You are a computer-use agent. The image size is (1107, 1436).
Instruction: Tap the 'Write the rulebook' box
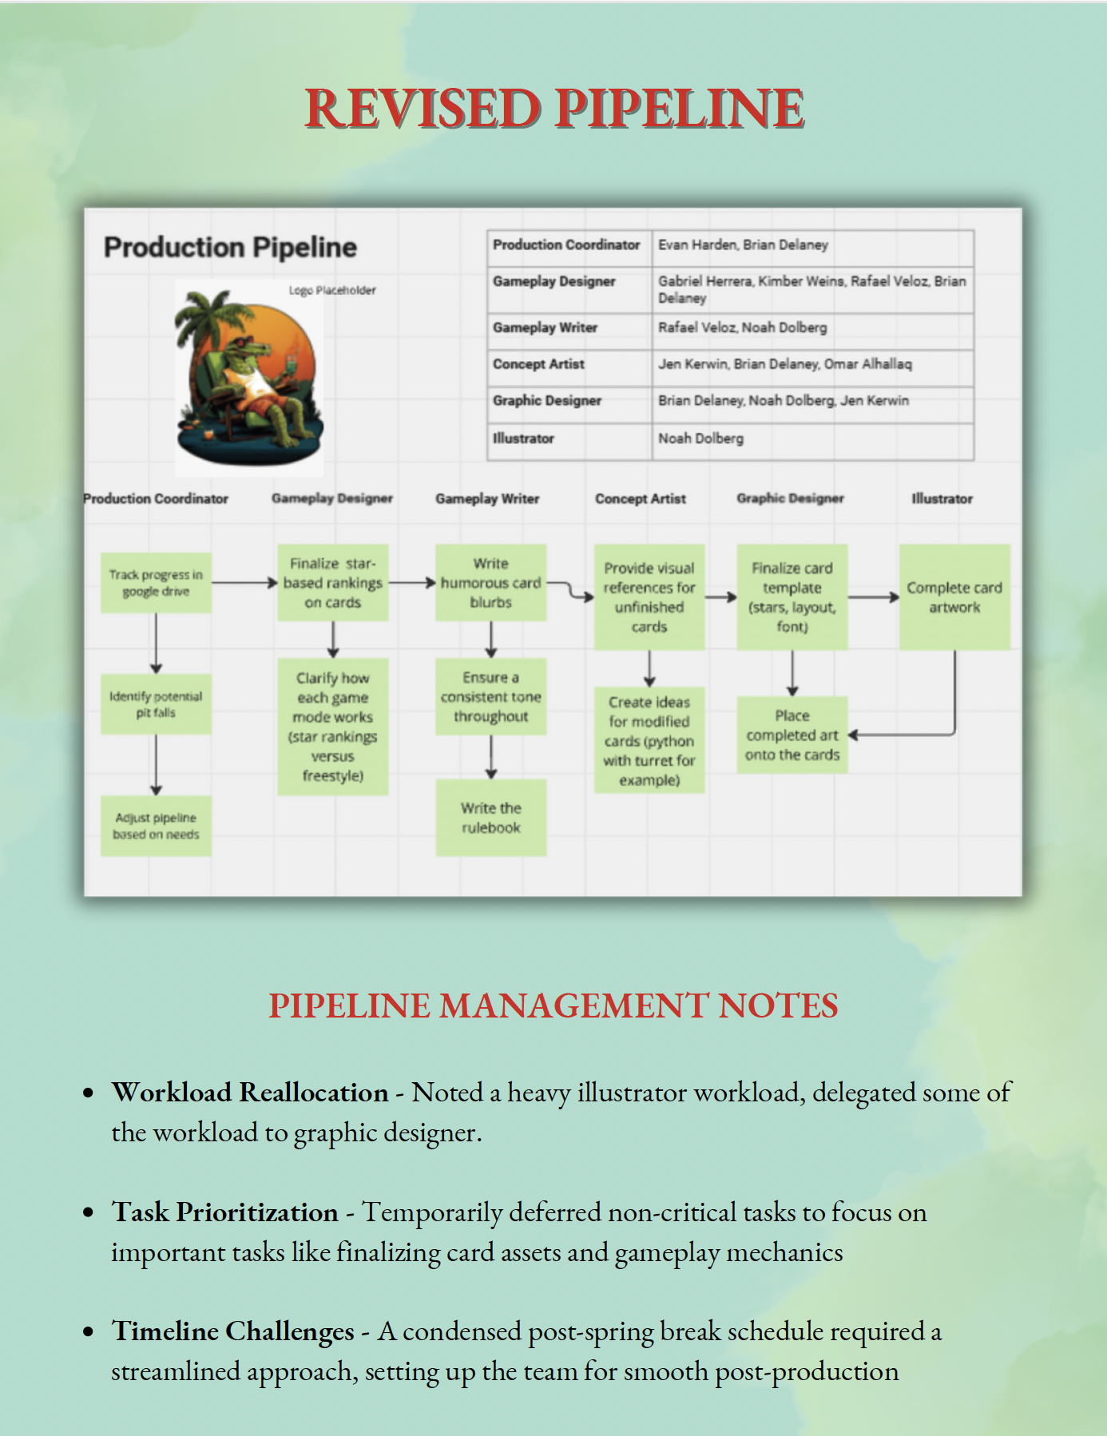pos(490,818)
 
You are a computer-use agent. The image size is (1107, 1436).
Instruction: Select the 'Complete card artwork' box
pos(954,597)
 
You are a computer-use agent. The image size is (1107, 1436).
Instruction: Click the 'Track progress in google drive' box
pos(156,583)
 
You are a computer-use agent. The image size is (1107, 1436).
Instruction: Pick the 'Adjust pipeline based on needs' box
pos(156,826)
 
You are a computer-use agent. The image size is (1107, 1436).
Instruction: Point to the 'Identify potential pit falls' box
pos(156,704)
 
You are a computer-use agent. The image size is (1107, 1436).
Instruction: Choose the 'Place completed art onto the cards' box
pos(792,735)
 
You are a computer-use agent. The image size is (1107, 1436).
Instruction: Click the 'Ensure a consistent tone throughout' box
pos(490,696)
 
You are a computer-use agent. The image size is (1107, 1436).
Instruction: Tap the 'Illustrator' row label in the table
pos(523,438)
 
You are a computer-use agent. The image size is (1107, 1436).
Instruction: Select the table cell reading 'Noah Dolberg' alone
pos(700,438)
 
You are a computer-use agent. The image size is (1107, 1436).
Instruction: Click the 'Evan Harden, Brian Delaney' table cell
pos(743,245)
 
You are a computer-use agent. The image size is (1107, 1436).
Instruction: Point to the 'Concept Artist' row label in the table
pos(538,364)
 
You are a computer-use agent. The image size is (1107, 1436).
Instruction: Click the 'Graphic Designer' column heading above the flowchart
pos(790,498)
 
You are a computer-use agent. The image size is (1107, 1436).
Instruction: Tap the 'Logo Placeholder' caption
pos(332,290)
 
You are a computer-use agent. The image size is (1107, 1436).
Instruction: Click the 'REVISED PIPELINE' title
pos(554,109)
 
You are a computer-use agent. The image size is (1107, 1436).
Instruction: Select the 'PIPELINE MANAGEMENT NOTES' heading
pos(553,1006)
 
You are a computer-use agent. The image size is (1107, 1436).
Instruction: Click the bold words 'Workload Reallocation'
pos(250,1092)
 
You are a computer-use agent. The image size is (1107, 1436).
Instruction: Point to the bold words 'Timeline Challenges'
pos(232,1331)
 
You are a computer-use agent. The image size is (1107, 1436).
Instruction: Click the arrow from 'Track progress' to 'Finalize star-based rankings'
pos(244,583)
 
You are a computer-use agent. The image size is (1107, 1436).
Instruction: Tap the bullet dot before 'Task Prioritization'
pos(89,1212)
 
